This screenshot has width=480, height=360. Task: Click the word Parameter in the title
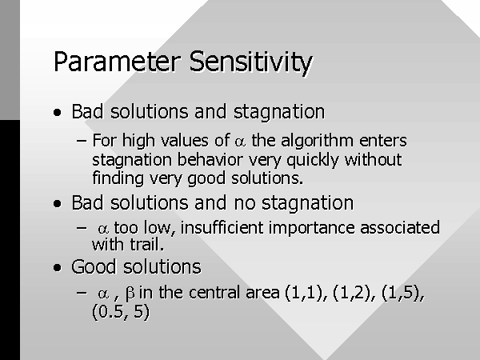(x=117, y=62)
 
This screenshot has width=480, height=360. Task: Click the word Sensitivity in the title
(x=250, y=63)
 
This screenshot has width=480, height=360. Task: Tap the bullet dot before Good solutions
(x=57, y=267)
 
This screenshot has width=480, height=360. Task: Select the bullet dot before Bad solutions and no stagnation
(x=57, y=203)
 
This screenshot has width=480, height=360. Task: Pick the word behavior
(x=210, y=159)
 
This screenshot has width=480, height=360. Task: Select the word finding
(x=118, y=178)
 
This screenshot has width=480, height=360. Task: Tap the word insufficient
(x=222, y=228)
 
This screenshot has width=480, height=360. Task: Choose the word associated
(x=400, y=228)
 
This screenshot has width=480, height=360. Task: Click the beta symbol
(x=130, y=294)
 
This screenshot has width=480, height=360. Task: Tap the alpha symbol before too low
(x=103, y=230)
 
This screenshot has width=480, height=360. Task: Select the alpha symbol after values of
(x=240, y=142)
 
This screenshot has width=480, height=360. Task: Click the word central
(x=214, y=292)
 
